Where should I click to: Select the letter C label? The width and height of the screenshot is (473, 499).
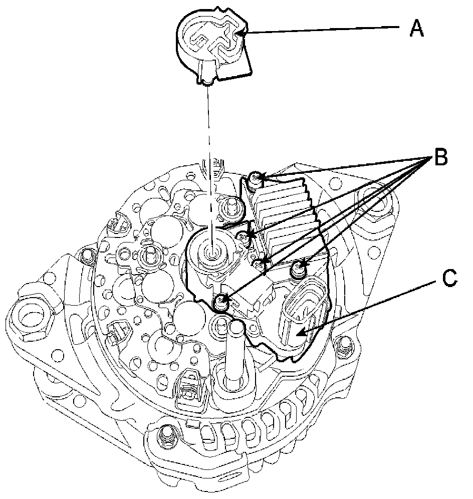[449, 278]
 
